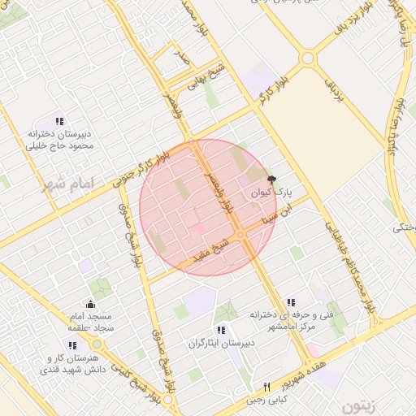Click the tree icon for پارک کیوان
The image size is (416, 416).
[271, 178]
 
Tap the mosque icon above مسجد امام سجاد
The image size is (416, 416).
[89, 304]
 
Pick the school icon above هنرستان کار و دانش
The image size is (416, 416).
[73, 345]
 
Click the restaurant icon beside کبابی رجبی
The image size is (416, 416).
[266, 387]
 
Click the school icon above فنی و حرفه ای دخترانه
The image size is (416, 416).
[291, 302]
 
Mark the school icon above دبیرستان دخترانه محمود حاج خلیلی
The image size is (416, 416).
[59, 121]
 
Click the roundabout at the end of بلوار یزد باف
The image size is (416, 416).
[307, 58]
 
